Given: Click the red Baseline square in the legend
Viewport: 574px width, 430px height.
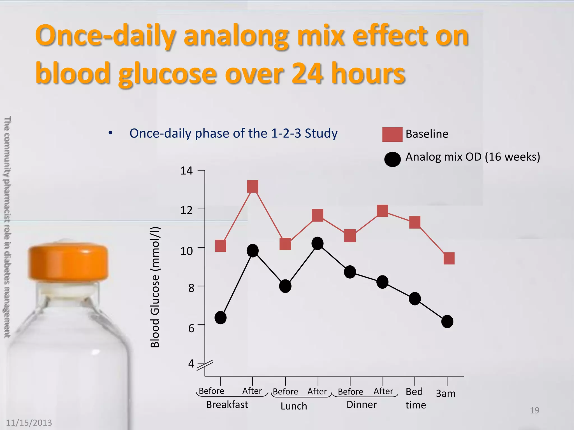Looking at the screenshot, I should [392, 134].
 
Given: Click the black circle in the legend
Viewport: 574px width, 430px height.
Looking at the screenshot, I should [392, 159].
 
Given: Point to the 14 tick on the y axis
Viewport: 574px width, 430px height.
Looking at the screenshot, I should [201, 170].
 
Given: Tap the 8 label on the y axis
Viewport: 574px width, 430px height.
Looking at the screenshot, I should [191, 288].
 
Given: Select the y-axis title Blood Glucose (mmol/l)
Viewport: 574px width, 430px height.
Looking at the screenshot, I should [155, 287].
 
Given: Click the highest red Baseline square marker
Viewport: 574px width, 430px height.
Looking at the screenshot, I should [253, 187].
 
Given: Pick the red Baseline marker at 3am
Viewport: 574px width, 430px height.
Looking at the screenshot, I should [449, 258].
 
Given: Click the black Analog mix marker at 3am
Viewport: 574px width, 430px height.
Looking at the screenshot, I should [447, 321].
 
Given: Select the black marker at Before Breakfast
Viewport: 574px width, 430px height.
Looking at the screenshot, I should [221, 317].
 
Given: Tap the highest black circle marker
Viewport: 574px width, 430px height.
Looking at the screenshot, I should [318, 243].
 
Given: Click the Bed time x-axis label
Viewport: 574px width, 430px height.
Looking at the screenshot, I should [415, 398].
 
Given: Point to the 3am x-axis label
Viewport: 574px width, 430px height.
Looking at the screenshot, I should [446, 393].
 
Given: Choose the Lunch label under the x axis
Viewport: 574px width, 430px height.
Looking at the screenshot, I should [294, 406].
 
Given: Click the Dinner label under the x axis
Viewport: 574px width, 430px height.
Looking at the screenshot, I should [362, 405].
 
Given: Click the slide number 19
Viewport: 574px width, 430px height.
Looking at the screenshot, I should [534, 410].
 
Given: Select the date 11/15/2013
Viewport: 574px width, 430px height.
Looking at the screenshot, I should [29, 422].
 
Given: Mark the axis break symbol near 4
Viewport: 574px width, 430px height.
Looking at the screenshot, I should [205, 365].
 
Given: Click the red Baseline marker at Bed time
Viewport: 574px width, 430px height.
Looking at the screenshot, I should [415, 222].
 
